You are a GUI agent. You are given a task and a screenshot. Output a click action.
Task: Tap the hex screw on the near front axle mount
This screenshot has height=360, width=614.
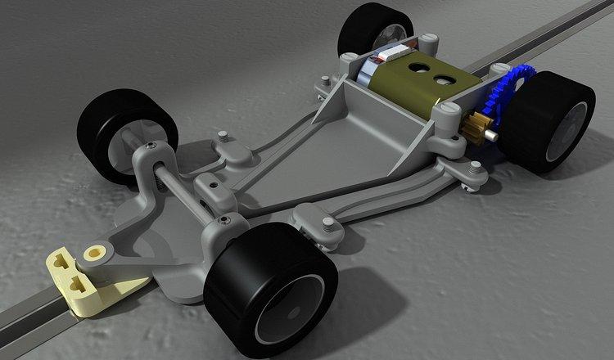(x=222, y=220)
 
